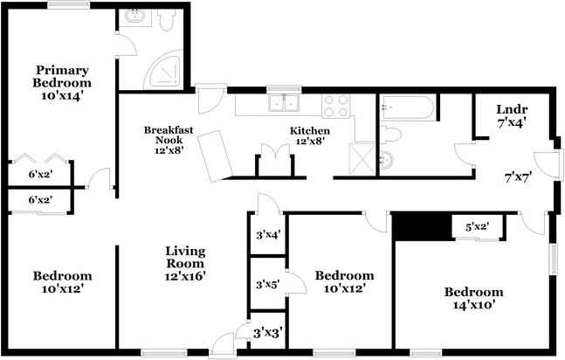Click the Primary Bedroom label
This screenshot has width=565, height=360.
coord(62,76)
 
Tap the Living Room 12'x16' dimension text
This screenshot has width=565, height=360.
coord(185,276)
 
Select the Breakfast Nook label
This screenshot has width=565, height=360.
coord(169,135)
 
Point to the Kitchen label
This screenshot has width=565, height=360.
coord(310,130)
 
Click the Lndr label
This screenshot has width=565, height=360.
coord(512,109)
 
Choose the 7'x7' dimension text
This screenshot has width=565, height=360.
coord(518,177)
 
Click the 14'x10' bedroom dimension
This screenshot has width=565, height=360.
coord(472,305)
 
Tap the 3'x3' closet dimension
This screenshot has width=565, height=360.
coord(267,333)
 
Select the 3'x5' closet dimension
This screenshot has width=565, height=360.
coord(268,285)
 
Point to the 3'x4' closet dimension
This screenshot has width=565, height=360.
coord(268,235)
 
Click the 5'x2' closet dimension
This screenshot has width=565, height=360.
coord(477,227)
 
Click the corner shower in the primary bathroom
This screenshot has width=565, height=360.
coord(164,70)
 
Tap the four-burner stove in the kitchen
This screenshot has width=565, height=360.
coord(336,106)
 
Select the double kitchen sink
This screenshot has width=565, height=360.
coord(285,102)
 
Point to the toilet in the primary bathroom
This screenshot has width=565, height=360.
coord(167,20)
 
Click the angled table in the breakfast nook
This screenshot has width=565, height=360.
coord(215,156)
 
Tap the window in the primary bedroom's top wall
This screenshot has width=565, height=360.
coord(68,4)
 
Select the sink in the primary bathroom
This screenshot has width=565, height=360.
coord(134,17)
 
